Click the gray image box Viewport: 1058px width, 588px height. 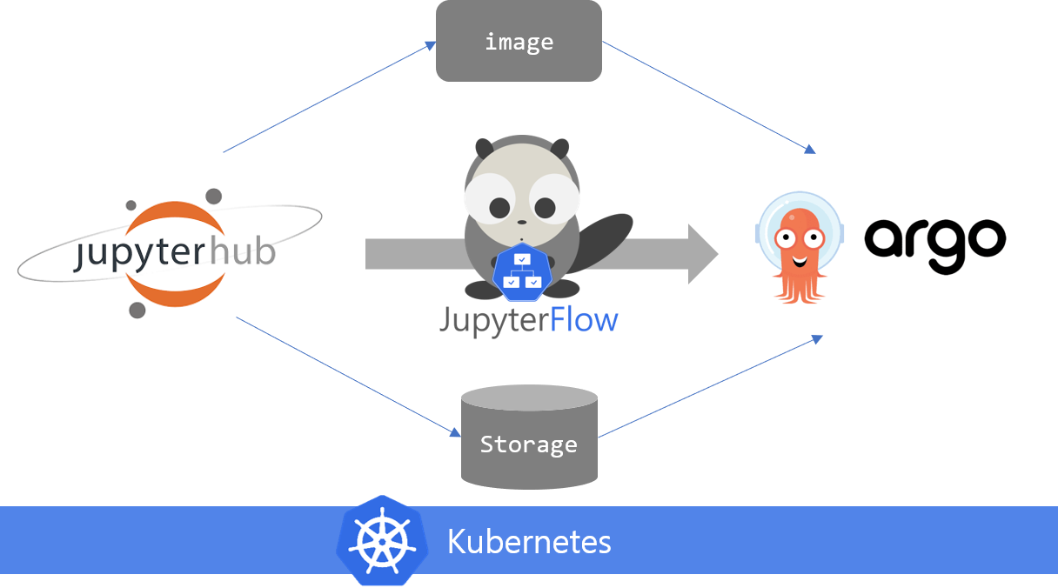(519, 41)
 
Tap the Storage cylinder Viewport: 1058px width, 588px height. (529, 438)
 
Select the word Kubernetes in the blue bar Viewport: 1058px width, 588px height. (529, 541)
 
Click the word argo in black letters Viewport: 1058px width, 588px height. (934, 241)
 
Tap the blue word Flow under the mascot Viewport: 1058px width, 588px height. (585, 321)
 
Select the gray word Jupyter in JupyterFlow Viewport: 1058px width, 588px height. (493, 321)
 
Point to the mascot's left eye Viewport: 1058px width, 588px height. (499, 207)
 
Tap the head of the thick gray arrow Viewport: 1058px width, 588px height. (703, 254)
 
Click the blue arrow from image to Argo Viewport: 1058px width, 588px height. (709, 96)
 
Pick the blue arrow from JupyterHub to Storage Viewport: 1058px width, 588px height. (348, 376)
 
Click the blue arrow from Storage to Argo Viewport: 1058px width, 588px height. (709, 386)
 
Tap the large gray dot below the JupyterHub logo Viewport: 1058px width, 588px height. (137, 310)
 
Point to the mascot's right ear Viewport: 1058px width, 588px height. (560, 148)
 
